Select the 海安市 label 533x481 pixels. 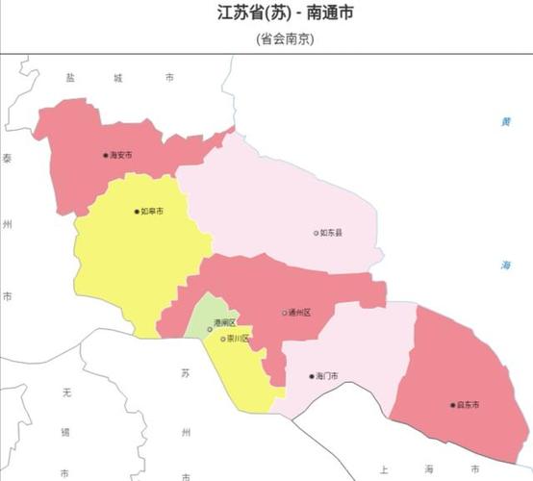pyautogui.click(x=121, y=155)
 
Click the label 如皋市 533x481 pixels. pyautogui.click(x=152, y=211)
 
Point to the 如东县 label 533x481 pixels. pyautogui.click(x=332, y=233)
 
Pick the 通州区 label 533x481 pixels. pyautogui.click(x=299, y=313)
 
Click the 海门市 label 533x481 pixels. pyautogui.click(x=327, y=376)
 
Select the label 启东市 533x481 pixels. pyautogui.click(x=469, y=405)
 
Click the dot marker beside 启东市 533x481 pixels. pyautogui.click(x=452, y=405)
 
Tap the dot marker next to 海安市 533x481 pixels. pyautogui.click(x=105, y=155)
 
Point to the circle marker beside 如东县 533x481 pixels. pyautogui.click(x=316, y=233)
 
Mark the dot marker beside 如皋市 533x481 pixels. pyautogui.click(x=137, y=211)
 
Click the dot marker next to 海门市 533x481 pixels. pyautogui.click(x=312, y=376)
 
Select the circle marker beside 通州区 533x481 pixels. pyautogui.click(x=284, y=313)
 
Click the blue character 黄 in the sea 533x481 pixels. pyautogui.click(x=505, y=122)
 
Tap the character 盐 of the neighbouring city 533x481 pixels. pyautogui.click(x=69, y=78)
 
